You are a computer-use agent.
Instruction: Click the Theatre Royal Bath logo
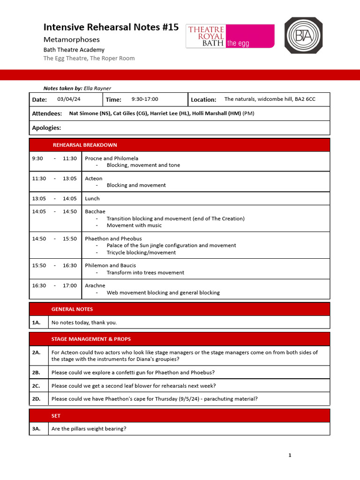pyautogui.click(x=230, y=36)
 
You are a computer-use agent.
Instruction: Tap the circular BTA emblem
pyautogui.click(x=304, y=36)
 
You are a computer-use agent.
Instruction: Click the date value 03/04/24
pyautogui.click(x=69, y=99)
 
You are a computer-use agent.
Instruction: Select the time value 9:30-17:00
pyautogui.click(x=145, y=99)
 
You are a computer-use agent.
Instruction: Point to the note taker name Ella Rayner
pyautogui.click(x=97, y=88)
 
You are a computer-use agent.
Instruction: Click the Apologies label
pyautogui.click(x=46, y=128)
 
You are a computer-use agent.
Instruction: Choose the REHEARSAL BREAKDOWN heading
pyautogui.click(x=85, y=145)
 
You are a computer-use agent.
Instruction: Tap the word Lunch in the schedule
pyautogui.click(x=92, y=198)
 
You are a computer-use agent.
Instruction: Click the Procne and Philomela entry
pyautogui.click(x=112, y=158)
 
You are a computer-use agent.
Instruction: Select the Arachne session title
pyautogui.click(x=95, y=285)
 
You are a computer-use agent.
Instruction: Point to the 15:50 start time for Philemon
pyautogui.click(x=39, y=265)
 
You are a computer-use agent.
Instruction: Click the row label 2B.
pyautogui.click(x=37, y=373)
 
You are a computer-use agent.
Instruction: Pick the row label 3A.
pyautogui.click(x=37, y=428)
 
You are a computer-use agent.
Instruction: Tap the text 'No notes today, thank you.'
pyautogui.click(x=84, y=322)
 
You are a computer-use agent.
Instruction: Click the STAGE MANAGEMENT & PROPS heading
pyautogui.click(x=91, y=339)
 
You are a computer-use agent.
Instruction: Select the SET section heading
pyautogui.click(x=56, y=416)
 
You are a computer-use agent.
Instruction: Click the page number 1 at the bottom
pyautogui.click(x=290, y=455)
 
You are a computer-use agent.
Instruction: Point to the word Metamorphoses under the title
pyautogui.click(x=71, y=39)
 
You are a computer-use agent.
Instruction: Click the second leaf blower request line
pyautogui.click(x=134, y=386)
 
